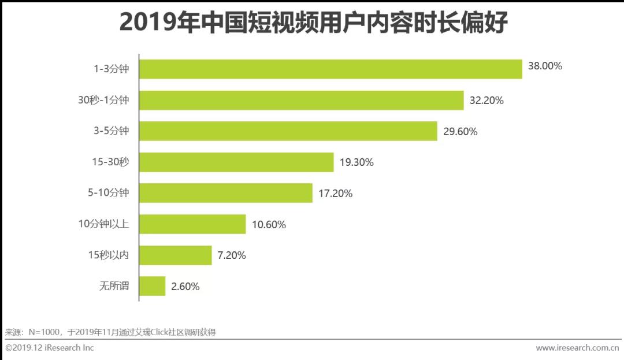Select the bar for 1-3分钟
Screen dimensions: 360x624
tap(330, 69)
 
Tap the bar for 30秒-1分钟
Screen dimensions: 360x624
tap(301, 100)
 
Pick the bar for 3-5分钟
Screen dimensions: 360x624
tap(288, 131)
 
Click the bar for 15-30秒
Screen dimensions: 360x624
tap(236, 162)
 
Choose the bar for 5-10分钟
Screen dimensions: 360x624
tap(225, 194)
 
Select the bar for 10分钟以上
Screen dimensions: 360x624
tap(192, 224)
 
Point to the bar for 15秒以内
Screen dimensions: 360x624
tap(175, 255)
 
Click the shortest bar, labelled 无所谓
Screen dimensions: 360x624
tap(152, 286)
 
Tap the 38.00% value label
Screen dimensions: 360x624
tap(545, 66)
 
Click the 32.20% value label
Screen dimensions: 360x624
tap(486, 101)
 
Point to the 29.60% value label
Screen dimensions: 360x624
tap(460, 132)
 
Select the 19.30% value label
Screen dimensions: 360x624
tap(356, 162)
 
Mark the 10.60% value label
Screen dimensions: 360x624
tap(269, 225)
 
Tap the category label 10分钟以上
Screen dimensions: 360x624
tap(104, 224)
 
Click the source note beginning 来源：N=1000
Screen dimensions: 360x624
tap(110, 332)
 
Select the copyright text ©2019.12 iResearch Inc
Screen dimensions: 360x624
tap(50, 348)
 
